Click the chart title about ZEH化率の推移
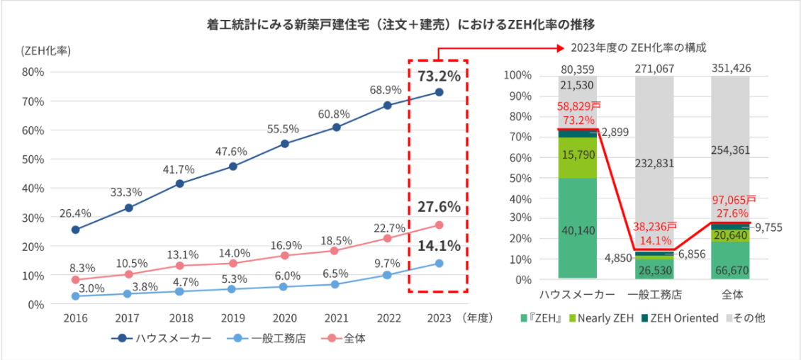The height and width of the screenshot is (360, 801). tap(400, 24)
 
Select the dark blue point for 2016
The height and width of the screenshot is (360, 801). tap(76, 230)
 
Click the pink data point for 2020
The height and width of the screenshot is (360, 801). tap(285, 255)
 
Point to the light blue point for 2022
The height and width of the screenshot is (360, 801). tap(387, 275)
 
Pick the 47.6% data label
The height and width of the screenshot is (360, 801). tap(233, 151)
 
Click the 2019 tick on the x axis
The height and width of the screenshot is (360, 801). tap(233, 318)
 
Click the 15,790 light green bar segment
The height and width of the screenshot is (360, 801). tap(577, 157)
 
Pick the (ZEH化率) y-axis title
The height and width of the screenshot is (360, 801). tap(45, 50)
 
